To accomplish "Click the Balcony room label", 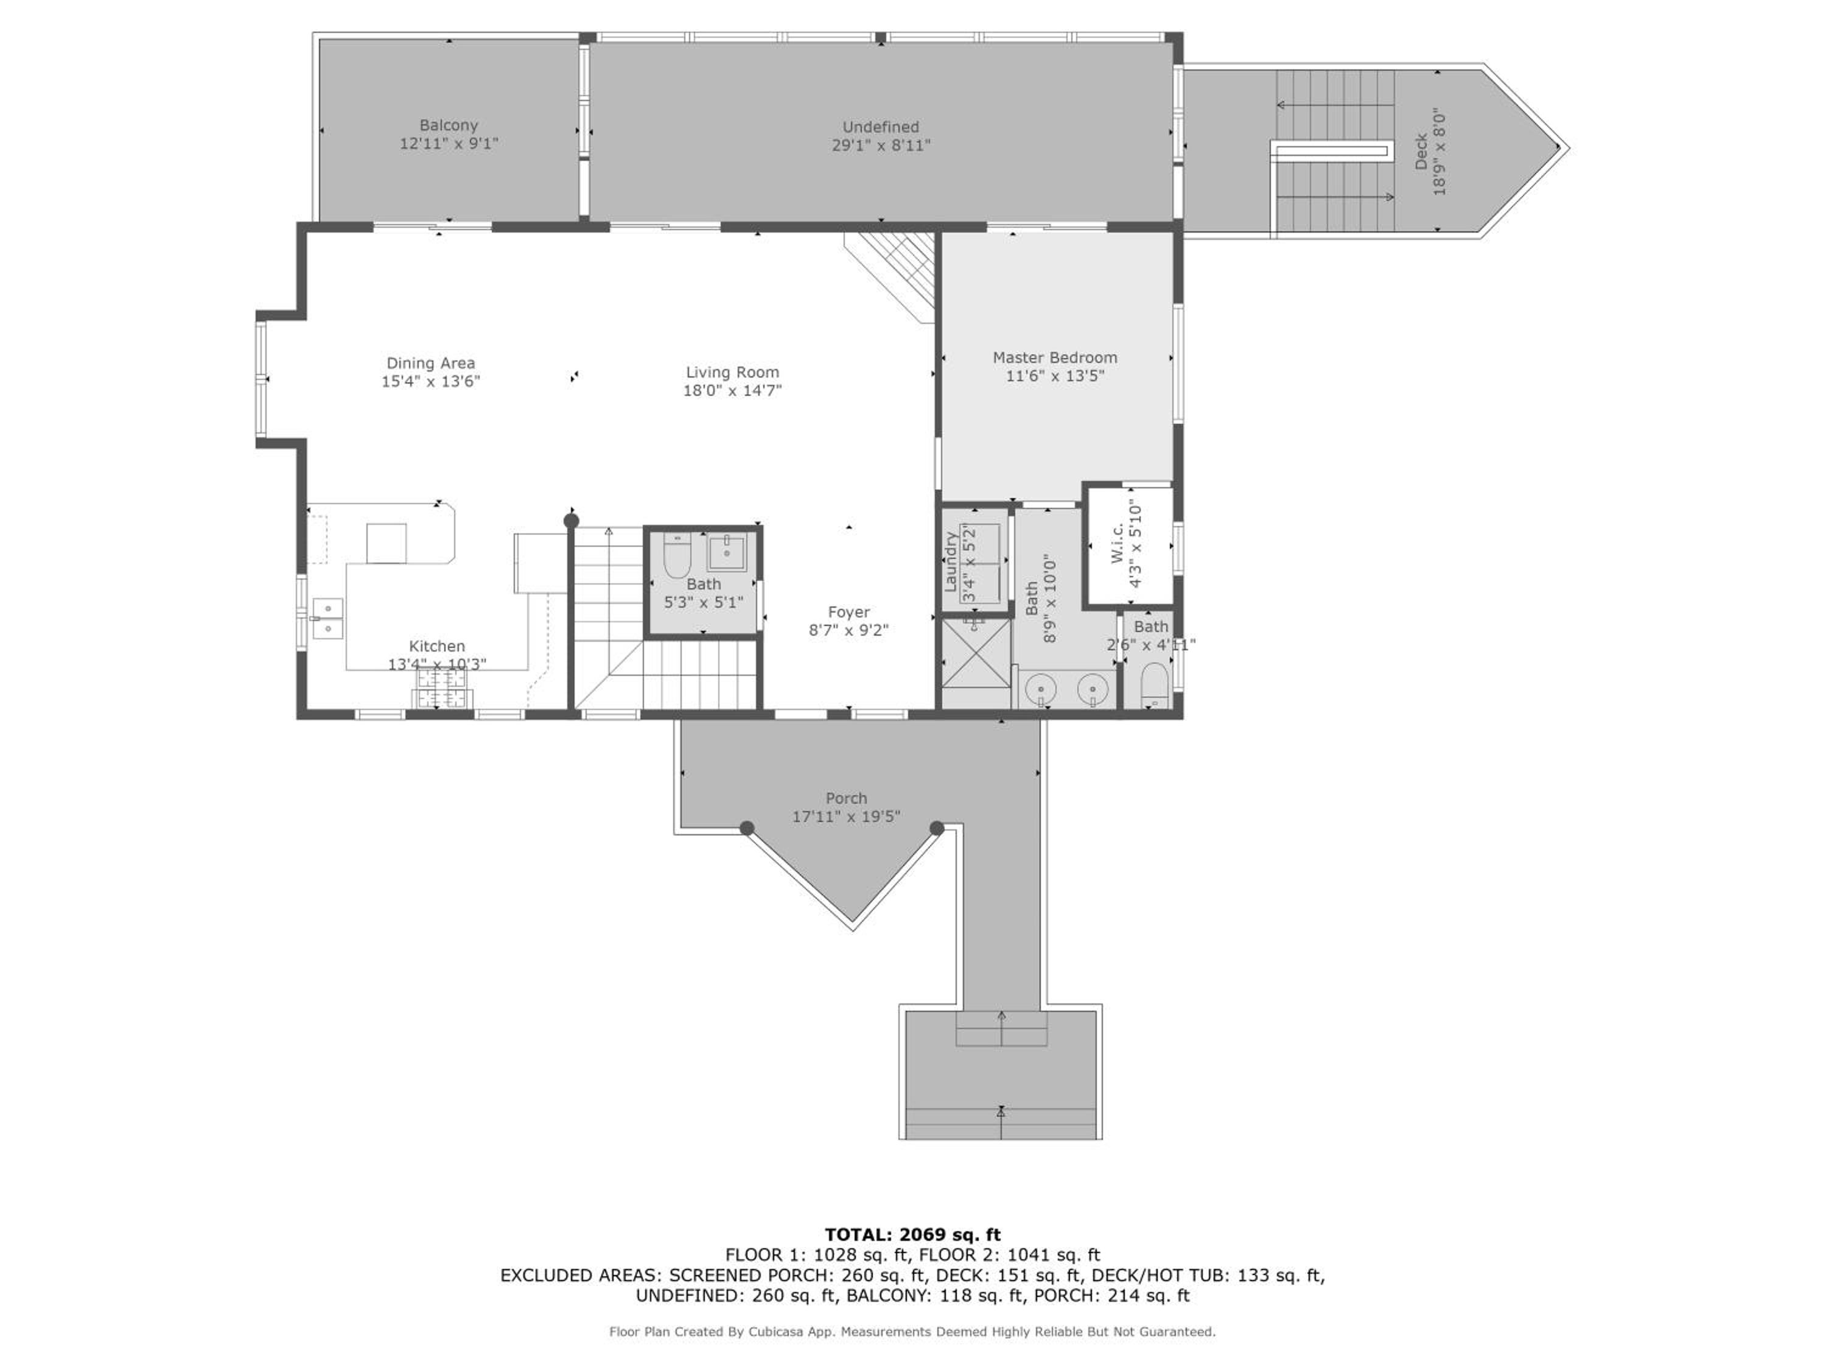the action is [x=448, y=125].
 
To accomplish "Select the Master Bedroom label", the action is [x=1055, y=357].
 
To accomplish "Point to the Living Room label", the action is [x=732, y=373].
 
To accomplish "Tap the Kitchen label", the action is [x=436, y=647].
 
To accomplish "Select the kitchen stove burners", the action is [x=443, y=688].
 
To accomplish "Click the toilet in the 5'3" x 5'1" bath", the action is [x=677, y=555].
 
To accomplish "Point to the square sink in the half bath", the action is [x=726, y=552].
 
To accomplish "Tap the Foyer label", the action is [x=848, y=612].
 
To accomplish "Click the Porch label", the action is [x=846, y=798].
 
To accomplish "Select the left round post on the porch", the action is [x=746, y=828].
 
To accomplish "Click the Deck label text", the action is [x=1421, y=152].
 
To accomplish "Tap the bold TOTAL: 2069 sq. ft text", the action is [x=913, y=1235].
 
